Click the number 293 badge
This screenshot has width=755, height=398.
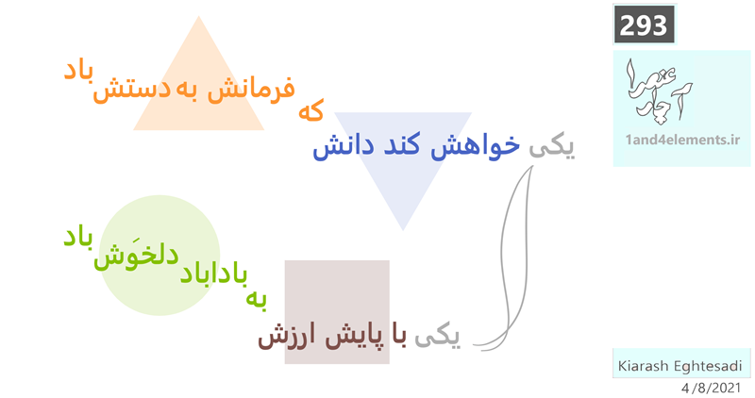644,25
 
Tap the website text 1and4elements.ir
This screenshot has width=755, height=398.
682,140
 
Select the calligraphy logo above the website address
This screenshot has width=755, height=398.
658,90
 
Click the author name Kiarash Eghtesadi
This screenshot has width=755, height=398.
679,366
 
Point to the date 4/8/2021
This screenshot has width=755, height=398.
711,388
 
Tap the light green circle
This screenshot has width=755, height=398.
159,255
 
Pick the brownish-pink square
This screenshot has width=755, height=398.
337,312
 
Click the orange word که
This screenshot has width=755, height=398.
311,110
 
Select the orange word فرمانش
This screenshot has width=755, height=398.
251,90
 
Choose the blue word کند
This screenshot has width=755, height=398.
402,145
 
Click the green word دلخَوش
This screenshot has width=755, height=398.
136,255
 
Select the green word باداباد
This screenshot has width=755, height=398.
214,274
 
